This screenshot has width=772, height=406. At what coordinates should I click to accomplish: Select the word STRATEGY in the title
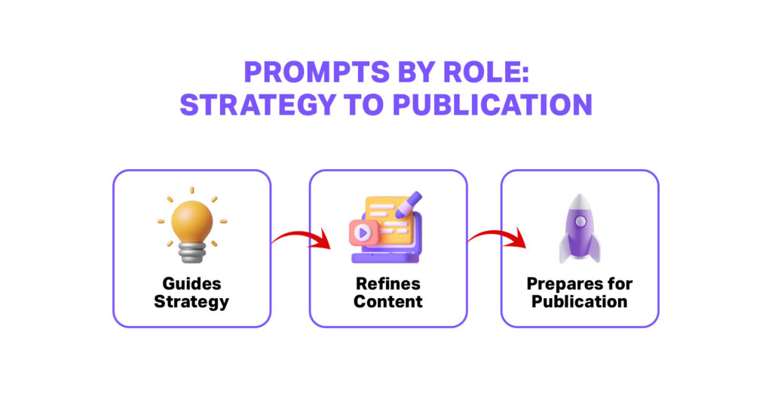pos(259,105)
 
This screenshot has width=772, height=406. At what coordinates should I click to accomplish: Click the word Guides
pos(191,285)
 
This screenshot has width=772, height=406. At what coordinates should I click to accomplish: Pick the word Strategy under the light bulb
pos(191,301)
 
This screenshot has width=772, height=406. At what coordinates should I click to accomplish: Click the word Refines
pos(388,285)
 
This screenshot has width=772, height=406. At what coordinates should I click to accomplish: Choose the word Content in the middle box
pos(388,301)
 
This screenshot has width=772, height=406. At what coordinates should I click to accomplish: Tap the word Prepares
pos(580,285)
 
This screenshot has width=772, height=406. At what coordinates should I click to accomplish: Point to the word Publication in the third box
pos(580,301)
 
